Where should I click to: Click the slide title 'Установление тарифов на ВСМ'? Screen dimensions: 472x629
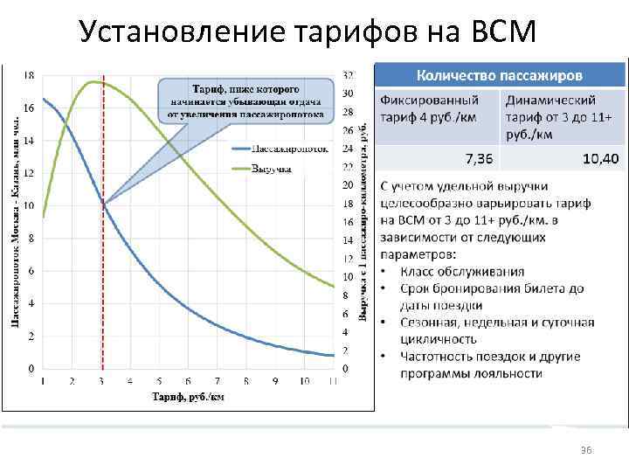click(x=305, y=32)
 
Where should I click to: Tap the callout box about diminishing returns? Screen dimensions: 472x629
click(x=245, y=101)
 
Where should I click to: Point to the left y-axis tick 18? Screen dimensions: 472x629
click(x=29, y=76)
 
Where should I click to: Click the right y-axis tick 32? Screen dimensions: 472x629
click(x=348, y=76)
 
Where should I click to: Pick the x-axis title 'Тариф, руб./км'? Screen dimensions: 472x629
click(x=188, y=397)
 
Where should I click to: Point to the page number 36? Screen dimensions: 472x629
click(x=586, y=449)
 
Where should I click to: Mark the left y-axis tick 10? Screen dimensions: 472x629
click(x=29, y=205)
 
